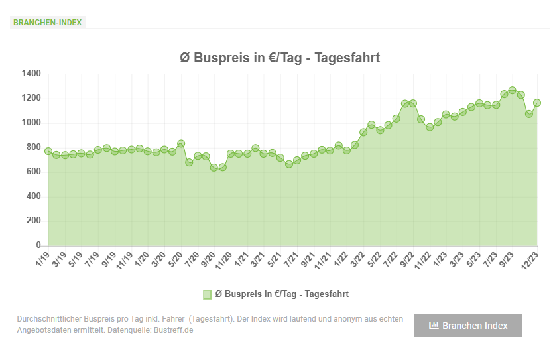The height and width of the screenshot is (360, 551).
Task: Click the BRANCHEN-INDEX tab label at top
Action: (47, 22)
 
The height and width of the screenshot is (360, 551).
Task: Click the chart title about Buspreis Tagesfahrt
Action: (280, 58)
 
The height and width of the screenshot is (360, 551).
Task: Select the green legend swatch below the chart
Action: (208, 294)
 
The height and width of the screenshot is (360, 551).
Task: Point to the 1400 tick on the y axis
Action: (31, 74)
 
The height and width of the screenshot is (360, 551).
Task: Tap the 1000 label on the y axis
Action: (31, 123)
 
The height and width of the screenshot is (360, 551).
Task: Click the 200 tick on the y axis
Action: (34, 221)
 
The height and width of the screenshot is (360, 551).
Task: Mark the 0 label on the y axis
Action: (38, 245)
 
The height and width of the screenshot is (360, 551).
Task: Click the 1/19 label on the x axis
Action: (43, 259)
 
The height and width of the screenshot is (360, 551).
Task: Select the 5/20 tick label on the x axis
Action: (175, 259)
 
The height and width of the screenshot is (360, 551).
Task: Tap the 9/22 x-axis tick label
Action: (407, 259)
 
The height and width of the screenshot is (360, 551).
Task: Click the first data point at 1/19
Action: (48, 151)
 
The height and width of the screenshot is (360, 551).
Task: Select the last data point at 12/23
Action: (537, 103)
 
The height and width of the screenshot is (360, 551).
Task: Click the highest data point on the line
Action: (512, 90)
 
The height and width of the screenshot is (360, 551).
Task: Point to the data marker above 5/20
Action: (181, 143)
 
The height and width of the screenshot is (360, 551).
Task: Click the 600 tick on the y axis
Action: (34, 172)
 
